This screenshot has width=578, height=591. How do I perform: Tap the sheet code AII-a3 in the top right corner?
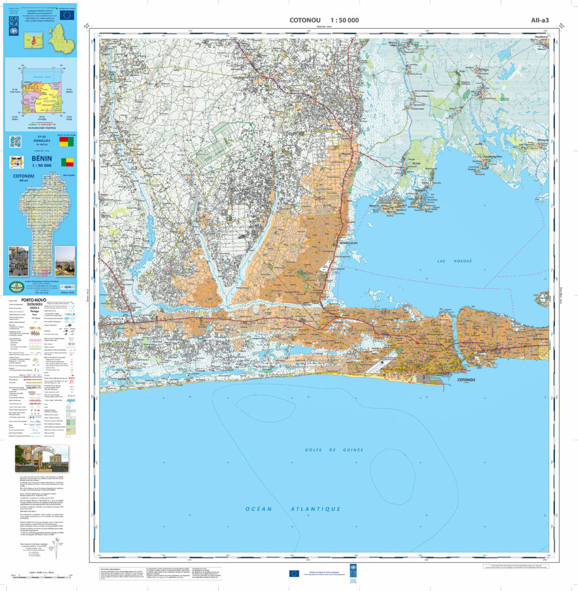540,21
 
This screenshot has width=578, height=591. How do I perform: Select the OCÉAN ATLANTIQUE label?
293,509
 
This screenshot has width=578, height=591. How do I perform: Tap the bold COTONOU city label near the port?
466,381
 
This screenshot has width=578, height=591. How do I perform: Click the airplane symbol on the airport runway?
381,362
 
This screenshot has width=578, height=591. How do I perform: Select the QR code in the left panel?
15,141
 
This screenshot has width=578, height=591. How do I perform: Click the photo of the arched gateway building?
41,458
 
